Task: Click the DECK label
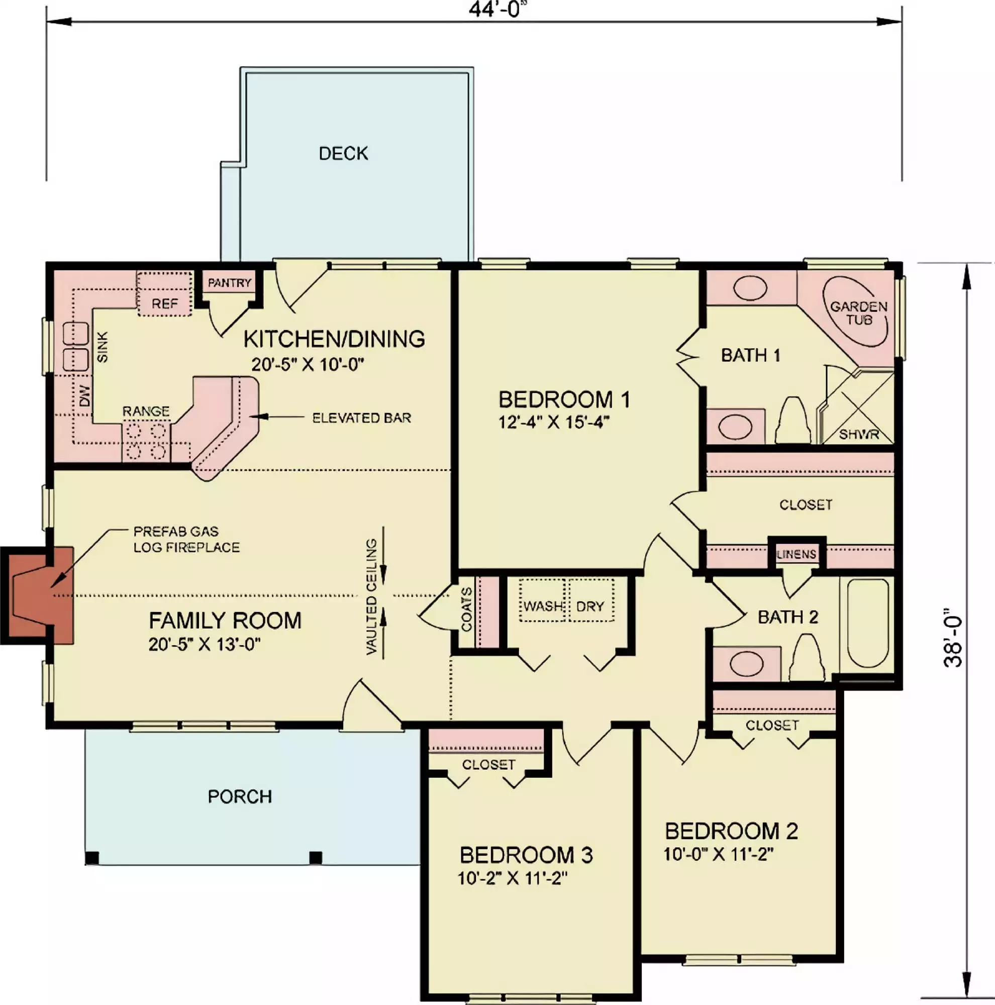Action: click(343, 153)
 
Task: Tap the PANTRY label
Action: click(229, 283)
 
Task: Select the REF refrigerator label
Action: click(165, 304)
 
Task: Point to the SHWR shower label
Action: click(859, 434)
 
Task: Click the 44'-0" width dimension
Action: click(494, 9)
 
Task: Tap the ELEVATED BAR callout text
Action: click(361, 418)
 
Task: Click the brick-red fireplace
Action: click(38, 595)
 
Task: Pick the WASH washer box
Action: click(543, 600)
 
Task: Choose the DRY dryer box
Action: click(591, 600)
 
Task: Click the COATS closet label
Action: click(466, 609)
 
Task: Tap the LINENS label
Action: click(797, 555)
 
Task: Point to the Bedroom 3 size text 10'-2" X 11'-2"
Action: click(512, 878)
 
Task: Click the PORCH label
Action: click(240, 797)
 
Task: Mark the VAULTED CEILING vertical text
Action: click(371, 596)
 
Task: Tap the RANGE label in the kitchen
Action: click(146, 412)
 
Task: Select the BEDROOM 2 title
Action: click(731, 831)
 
